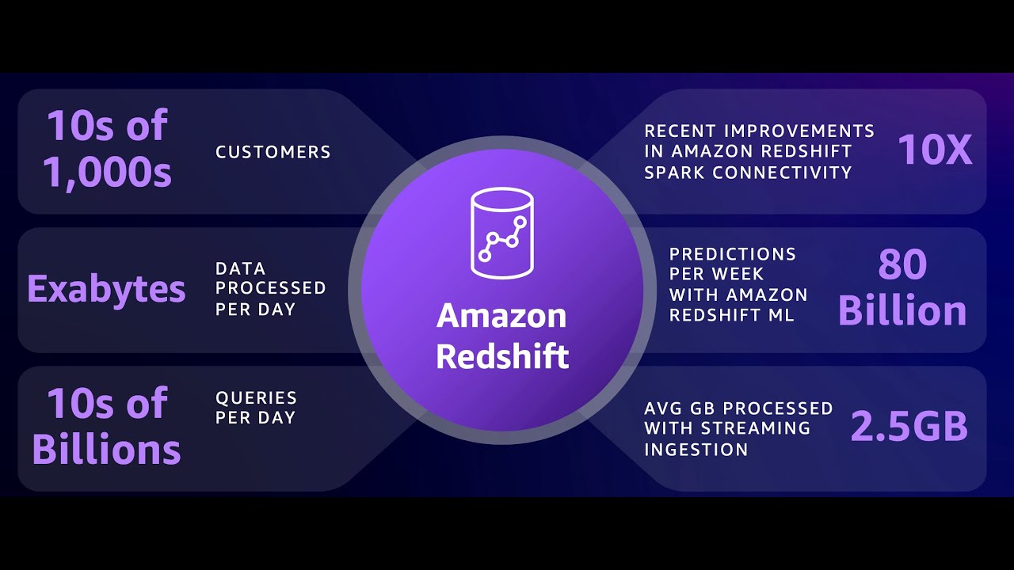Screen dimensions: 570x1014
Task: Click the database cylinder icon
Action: (x=501, y=234)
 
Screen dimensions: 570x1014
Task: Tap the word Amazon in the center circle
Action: (x=501, y=316)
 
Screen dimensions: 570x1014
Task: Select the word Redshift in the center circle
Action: (x=502, y=356)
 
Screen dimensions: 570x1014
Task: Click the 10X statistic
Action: (x=935, y=150)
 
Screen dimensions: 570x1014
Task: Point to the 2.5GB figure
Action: (x=909, y=427)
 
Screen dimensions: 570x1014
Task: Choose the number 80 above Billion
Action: (x=902, y=265)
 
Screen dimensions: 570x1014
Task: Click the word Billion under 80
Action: (x=902, y=311)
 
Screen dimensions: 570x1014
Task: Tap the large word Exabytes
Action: (x=106, y=289)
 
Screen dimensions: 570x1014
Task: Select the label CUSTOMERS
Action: (x=273, y=152)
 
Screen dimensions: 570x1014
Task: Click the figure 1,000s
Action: (x=107, y=172)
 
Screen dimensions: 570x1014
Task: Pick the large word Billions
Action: (x=106, y=450)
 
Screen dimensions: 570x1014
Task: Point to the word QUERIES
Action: (x=256, y=397)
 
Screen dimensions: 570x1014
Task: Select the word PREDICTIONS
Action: (x=733, y=254)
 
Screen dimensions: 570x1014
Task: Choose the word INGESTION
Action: (x=696, y=449)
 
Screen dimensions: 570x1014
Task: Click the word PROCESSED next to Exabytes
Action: (x=270, y=288)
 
